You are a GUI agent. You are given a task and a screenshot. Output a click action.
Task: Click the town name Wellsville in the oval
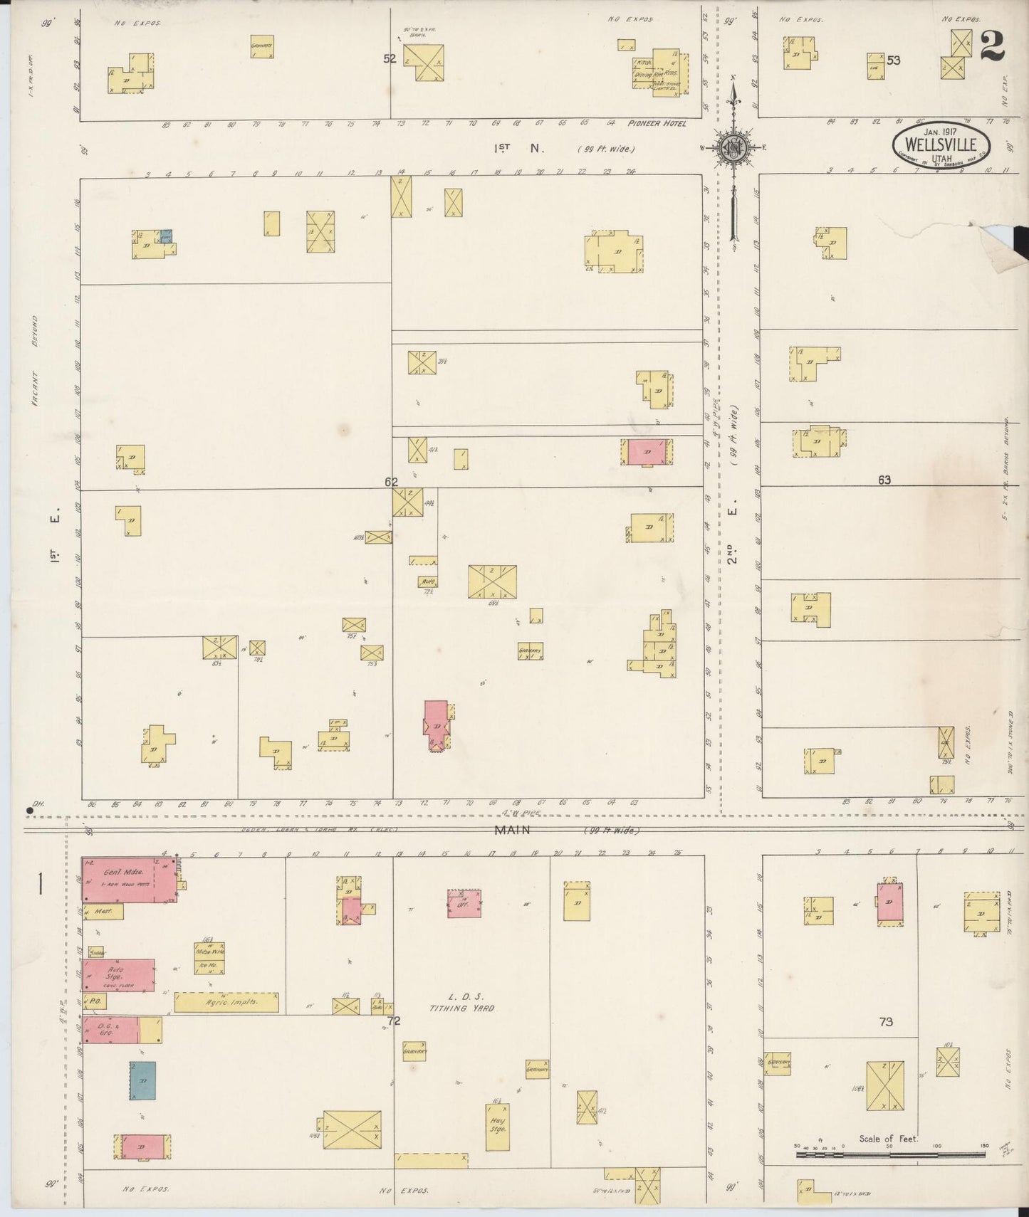pyautogui.click(x=941, y=145)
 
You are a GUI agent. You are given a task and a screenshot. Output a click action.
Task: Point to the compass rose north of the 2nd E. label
pyautogui.click(x=733, y=147)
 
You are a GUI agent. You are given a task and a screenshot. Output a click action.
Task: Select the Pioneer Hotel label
pyautogui.click(x=658, y=124)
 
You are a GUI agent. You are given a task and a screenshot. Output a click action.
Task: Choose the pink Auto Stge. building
pyautogui.click(x=118, y=974)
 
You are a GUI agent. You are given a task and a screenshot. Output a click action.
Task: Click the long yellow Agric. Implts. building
pyautogui.click(x=226, y=1003)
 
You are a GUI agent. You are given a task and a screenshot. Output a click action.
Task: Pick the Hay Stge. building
pyautogui.click(x=497, y=1127)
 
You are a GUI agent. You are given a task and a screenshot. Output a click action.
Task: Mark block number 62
pyautogui.click(x=391, y=482)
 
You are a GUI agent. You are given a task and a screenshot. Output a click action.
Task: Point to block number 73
pyautogui.click(x=885, y=1022)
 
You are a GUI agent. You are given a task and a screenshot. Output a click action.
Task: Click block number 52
pyautogui.click(x=390, y=59)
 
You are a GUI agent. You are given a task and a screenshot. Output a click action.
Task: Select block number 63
pyautogui.click(x=884, y=480)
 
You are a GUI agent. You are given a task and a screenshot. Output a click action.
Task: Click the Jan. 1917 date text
pyautogui.click(x=940, y=131)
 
